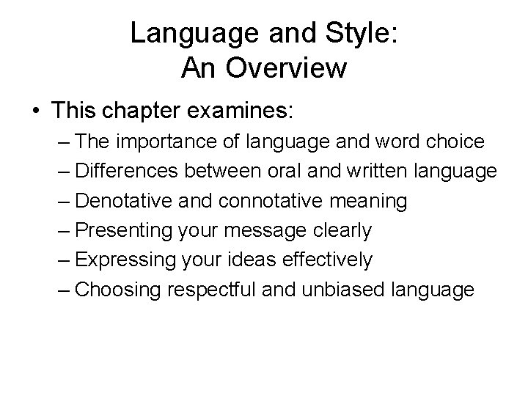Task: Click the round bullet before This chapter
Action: (36, 112)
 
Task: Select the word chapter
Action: (155, 112)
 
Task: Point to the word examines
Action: (246, 112)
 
